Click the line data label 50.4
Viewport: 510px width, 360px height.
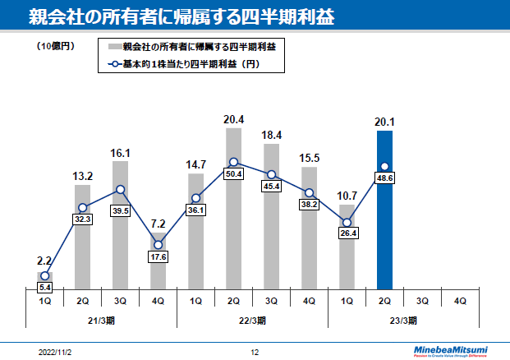coord(233,174)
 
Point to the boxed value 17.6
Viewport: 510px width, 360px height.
coord(159,256)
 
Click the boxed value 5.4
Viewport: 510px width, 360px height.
coord(45,288)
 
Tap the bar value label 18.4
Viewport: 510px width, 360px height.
coord(271,136)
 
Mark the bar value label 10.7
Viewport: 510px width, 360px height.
coord(347,196)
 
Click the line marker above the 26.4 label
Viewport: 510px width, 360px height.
coord(347,222)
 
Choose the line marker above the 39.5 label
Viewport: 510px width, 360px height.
coord(120,190)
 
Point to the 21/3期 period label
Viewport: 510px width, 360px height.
coord(101,319)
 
